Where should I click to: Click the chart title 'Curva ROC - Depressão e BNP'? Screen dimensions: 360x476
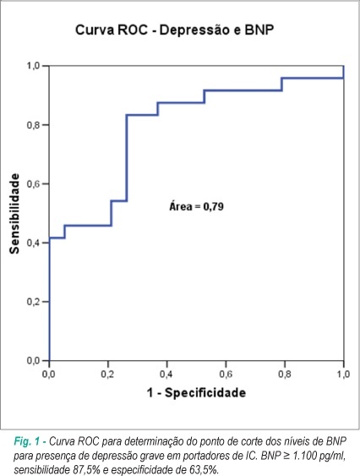point(175,30)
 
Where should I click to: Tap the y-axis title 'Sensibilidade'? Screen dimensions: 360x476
point(14,213)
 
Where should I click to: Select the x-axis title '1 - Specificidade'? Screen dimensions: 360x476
point(196,392)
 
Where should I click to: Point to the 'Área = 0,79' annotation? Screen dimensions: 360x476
point(196,206)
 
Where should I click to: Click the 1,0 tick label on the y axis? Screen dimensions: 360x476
point(34,66)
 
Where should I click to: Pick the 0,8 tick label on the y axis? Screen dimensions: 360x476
point(34,125)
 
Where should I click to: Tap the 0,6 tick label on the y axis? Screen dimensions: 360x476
point(34,183)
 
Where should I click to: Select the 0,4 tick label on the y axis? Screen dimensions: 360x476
point(34,243)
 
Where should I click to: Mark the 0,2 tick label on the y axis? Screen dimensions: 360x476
point(34,302)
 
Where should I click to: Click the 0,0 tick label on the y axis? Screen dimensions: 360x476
point(34,361)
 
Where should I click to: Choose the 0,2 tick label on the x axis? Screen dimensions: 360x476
point(108,374)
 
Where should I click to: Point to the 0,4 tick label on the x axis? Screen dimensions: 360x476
point(166,374)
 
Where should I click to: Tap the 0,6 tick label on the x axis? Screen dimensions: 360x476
point(226,374)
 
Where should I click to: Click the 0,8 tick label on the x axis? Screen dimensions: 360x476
point(285,374)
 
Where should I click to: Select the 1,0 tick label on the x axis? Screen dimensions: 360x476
point(343,374)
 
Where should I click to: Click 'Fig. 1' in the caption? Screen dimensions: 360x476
point(27,441)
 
